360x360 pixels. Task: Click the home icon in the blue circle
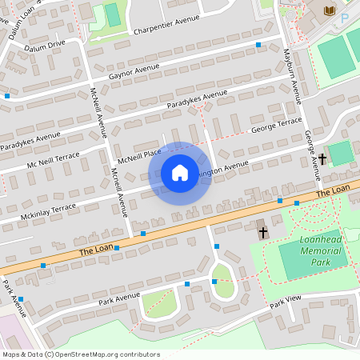(x=180, y=173)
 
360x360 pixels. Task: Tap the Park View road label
(x=285, y=302)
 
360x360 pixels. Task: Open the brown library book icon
(x=329, y=10)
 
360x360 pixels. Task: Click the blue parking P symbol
(x=345, y=17)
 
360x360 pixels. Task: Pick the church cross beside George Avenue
(x=322, y=159)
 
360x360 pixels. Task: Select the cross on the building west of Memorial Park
(x=263, y=232)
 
